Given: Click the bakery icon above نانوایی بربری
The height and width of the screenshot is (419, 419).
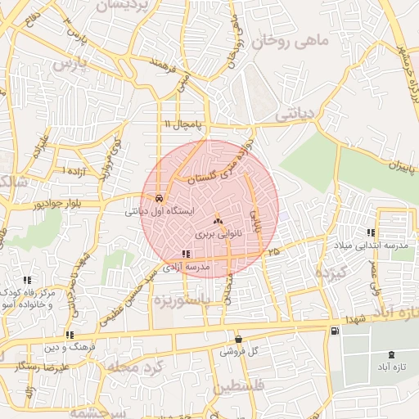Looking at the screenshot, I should tap(218, 221).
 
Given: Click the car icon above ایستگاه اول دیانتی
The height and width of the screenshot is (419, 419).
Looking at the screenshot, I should tap(157, 198).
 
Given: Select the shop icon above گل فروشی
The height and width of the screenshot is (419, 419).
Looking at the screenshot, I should tap(238, 339).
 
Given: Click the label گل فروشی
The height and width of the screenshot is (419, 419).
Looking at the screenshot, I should tap(239, 352).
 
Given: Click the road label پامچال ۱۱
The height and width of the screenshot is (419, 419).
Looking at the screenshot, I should tap(179, 124).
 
